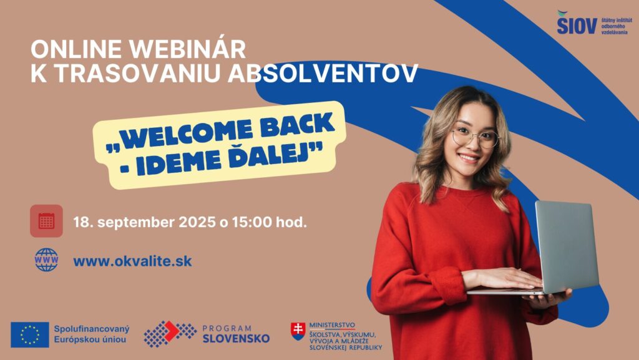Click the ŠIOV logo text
coord(577,24)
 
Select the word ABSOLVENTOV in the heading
coord(323,73)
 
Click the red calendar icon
coord(46,221)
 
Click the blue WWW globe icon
coord(46,260)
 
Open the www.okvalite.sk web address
coord(132,261)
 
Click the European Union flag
coord(30,335)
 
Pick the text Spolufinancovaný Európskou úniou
coord(92,334)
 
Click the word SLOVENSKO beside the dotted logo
coord(236,338)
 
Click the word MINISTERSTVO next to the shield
coord(332,326)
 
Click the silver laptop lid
coord(567,246)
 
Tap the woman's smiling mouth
coord(469,158)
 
